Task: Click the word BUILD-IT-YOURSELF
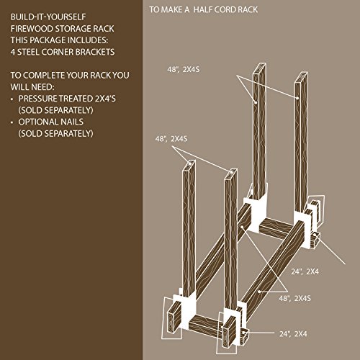[48, 17]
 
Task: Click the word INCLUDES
[88, 40]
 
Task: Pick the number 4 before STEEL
[13, 52]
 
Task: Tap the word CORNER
[56, 52]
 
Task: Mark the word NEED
[44, 87]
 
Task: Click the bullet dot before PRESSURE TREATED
[12, 99]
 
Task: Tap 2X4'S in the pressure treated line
[105, 99]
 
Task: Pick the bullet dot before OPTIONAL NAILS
[12, 122]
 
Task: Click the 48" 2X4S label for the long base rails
[294, 298]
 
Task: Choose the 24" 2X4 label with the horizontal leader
[293, 334]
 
